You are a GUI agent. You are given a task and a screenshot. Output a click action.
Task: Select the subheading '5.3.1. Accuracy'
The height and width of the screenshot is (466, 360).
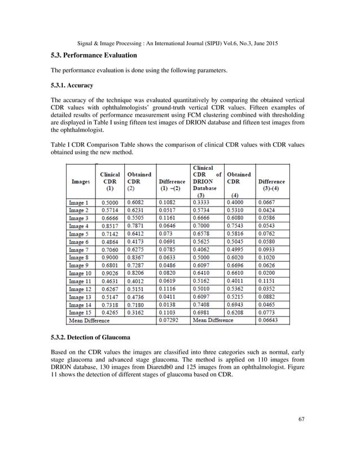coord(72,86)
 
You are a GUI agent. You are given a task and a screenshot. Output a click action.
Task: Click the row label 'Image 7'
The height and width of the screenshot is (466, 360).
coord(79,249)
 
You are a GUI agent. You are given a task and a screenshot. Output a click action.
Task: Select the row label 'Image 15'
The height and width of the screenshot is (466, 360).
coord(80,312)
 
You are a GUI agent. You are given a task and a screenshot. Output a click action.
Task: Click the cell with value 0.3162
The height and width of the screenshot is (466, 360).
coord(138,312)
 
